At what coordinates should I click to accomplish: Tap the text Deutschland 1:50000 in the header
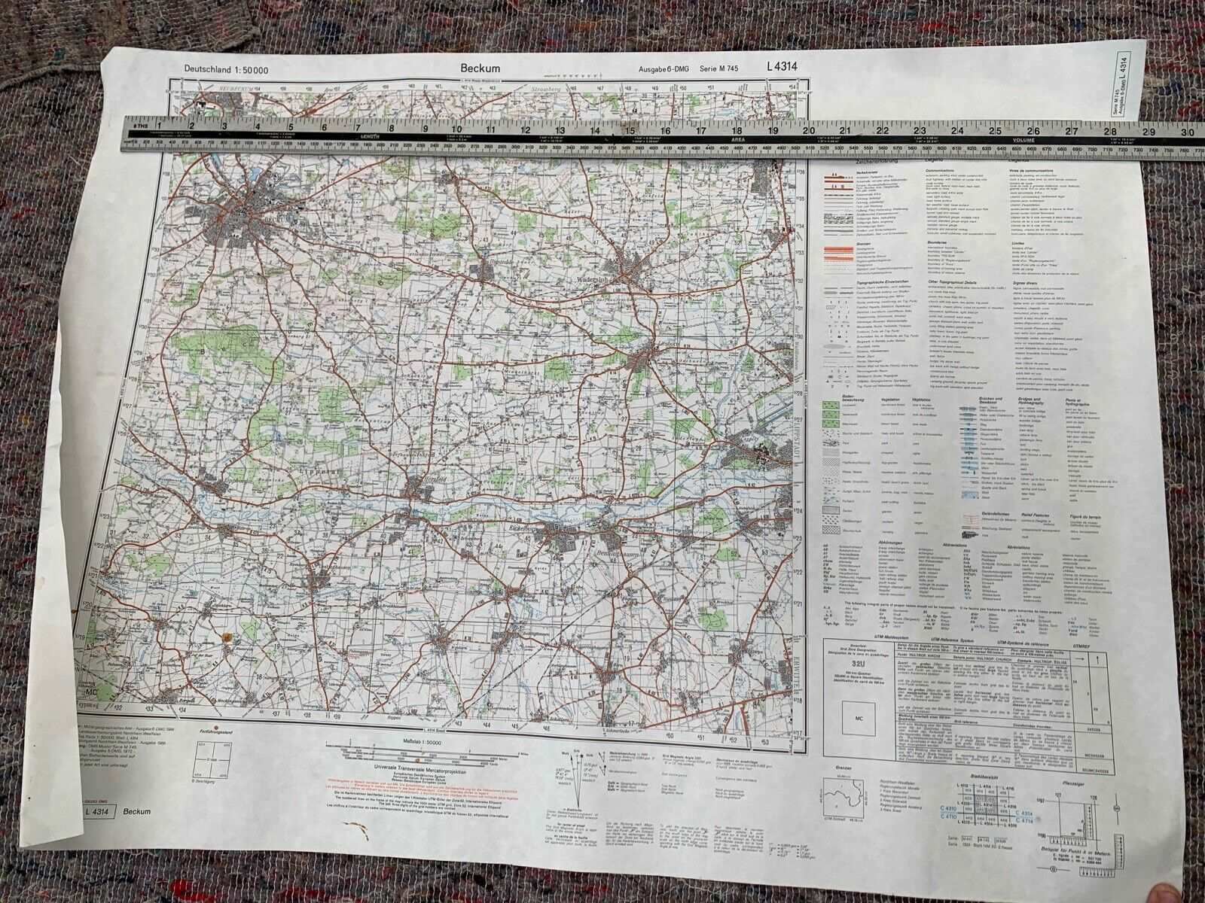[x=226, y=70]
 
